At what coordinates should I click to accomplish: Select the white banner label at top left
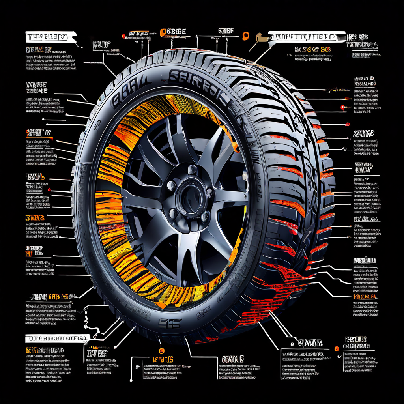tap(47, 37)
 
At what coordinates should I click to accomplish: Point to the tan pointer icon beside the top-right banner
tap(261, 37)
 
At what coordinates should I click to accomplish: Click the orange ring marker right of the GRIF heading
tap(245, 36)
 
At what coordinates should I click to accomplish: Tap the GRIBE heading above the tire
tap(173, 32)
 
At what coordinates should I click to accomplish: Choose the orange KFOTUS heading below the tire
tap(163, 359)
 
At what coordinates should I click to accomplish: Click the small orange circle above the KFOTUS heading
tap(161, 350)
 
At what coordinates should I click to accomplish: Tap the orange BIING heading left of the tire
tap(35, 217)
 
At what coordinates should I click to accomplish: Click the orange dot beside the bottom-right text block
tap(337, 348)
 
